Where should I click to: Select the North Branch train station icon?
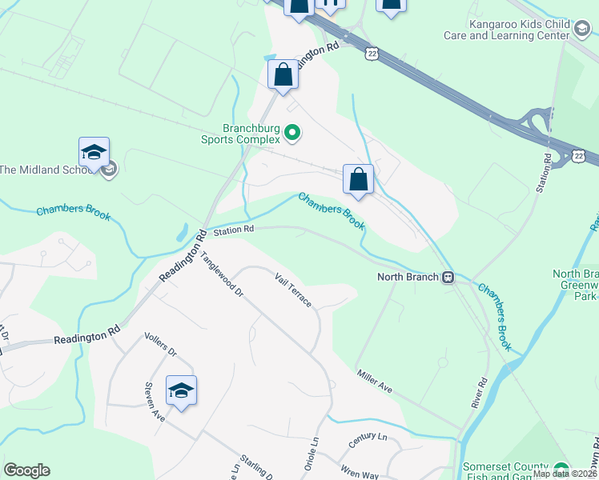coord(448,278)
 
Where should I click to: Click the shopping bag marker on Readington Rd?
coord(283,75)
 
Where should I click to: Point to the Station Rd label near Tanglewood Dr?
coord(233,230)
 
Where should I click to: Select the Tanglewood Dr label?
coord(221,274)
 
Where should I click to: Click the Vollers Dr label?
coord(159,346)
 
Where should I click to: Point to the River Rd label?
coord(480,392)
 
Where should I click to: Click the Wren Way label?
coord(358,474)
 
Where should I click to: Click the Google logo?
coord(26,470)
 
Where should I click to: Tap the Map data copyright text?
coord(565,474)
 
